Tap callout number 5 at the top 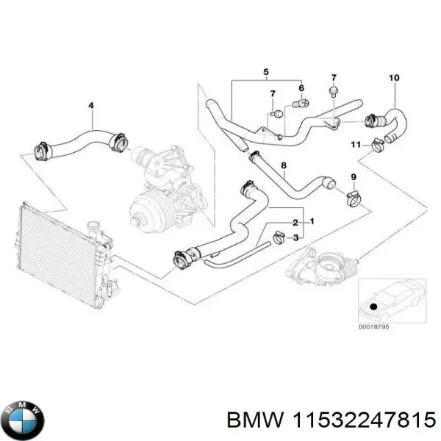point(266,72)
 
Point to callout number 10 point(393,78)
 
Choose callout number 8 point(284,168)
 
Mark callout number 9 point(353,177)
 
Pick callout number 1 point(312,222)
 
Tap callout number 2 point(295,222)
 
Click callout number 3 point(295,237)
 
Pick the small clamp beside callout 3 point(279,237)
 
